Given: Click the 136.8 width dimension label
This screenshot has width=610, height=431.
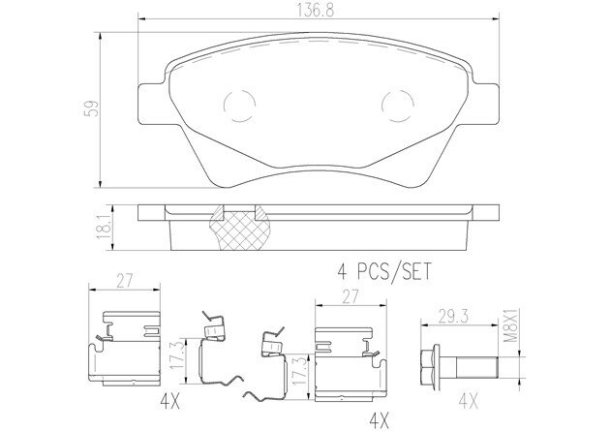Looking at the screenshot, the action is (x=316, y=11).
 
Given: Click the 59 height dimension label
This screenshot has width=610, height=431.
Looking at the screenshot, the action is (x=92, y=108).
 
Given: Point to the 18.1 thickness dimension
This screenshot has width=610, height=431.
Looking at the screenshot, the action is (x=104, y=228).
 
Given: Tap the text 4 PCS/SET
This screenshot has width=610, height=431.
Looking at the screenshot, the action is (x=384, y=271).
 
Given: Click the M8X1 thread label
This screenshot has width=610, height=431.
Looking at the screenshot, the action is (x=512, y=325).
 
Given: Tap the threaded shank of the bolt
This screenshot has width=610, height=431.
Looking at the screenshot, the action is (x=477, y=367).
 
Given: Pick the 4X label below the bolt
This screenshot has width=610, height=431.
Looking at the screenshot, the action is (x=469, y=401).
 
